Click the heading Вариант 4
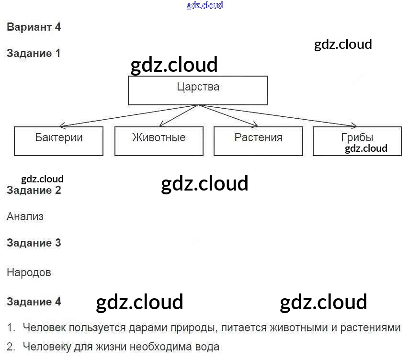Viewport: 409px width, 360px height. tap(34, 27)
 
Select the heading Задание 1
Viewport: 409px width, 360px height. tap(34, 53)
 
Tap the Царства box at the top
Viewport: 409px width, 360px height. tap(198, 90)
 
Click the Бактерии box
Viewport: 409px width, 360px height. tap(59, 141)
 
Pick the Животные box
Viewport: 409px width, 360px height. tap(159, 141)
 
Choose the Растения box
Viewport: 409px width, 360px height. tap(258, 141)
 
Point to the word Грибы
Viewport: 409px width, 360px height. tap(357, 137)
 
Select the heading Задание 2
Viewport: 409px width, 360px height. tap(34, 190)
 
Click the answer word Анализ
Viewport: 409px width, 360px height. tap(25, 216)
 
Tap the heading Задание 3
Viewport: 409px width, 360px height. tap(34, 243)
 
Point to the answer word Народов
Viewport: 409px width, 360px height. tap(29, 272)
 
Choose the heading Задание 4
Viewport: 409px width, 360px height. tap(34, 302)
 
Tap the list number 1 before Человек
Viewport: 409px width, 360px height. tap(10, 328)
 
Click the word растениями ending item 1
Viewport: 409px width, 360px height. tap(369, 328)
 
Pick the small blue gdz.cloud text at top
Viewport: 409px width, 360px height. tap(204, 6)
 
